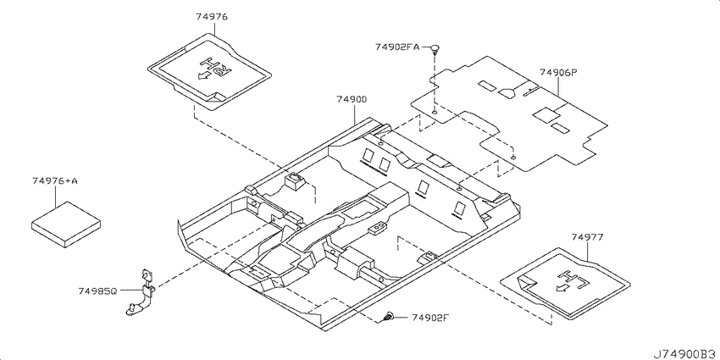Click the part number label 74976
[212, 17]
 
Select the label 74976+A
[55, 181]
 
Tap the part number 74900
[352, 99]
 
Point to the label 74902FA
[397, 47]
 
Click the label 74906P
[557, 72]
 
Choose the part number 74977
[588, 237]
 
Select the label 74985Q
[97, 291]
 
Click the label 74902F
[429, 317]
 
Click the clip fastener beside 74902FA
[435, 48]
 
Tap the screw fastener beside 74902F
[390, 317]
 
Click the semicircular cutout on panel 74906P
[507, 93]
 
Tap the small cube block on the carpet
[293, 180]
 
